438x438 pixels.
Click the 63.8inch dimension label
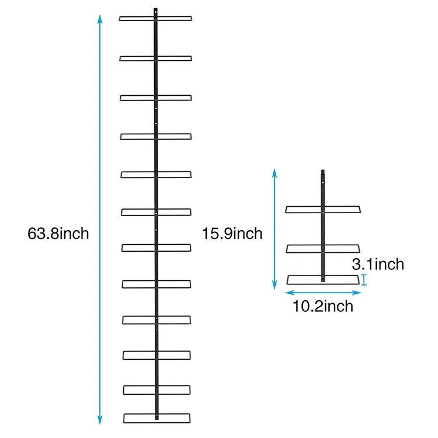58,234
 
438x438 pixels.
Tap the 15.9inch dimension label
232,234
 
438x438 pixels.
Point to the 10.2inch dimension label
323,306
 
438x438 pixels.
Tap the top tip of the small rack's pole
323,171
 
